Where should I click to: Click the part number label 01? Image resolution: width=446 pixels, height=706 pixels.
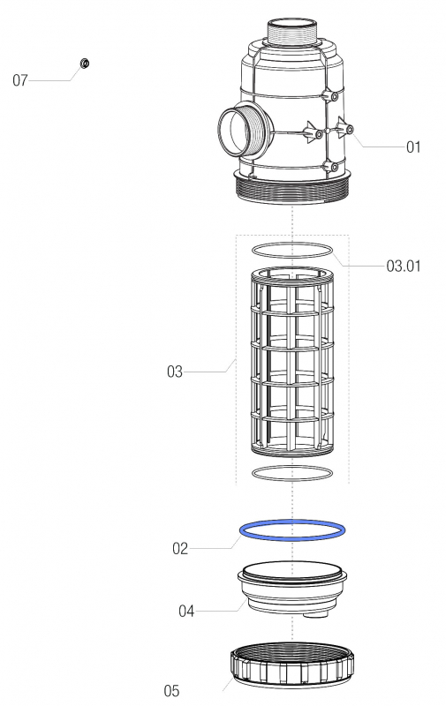pyautogui.click(x=413, y=147)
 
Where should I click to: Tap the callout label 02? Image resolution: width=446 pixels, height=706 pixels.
pyautogui.click(x=180, y=548)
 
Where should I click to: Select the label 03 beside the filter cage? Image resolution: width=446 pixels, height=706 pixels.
pyautogui.click(x=175, y=372)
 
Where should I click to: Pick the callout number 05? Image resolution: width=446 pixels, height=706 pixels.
pyautogui.click(x=173, y=689)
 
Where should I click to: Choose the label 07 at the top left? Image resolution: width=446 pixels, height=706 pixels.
pyautogui.click(x=20, y=81)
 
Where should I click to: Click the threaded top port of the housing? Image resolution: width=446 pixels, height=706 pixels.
pyautogui.click(x=292, y=34)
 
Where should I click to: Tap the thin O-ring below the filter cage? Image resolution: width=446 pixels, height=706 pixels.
pyautogui.click(x=292, y=473)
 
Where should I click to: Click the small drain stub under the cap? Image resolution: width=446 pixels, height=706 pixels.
pyautogui.click(x=311, y=616)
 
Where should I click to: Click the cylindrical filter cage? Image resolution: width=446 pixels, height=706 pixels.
pyautogui.click(x=292, y=362)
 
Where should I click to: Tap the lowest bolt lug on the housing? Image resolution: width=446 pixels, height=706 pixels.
pyautogui.click(x=332, y=167)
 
